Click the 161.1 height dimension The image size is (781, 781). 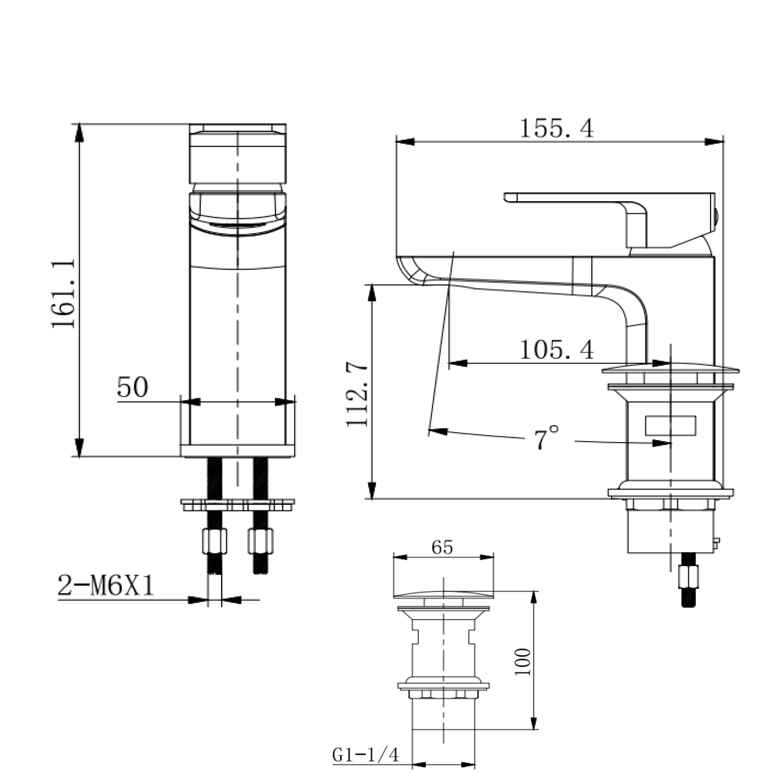click(64, 294)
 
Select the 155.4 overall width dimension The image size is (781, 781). click(556, 129)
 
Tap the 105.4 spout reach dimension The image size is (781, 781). click(556, 349)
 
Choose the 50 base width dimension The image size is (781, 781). click(133, 387)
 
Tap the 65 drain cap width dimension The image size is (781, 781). click(442, 548)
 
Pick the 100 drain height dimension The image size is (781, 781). click(523, 662)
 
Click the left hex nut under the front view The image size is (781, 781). click(214, 542)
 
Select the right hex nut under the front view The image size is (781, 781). click(261, 542)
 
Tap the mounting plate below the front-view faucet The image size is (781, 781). click(238, 505)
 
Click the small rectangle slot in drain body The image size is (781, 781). click(670, 426)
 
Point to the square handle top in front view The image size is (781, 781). click(238, 153)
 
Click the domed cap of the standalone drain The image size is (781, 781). click(444, 595)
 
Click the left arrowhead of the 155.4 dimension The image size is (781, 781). click(405, 142)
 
